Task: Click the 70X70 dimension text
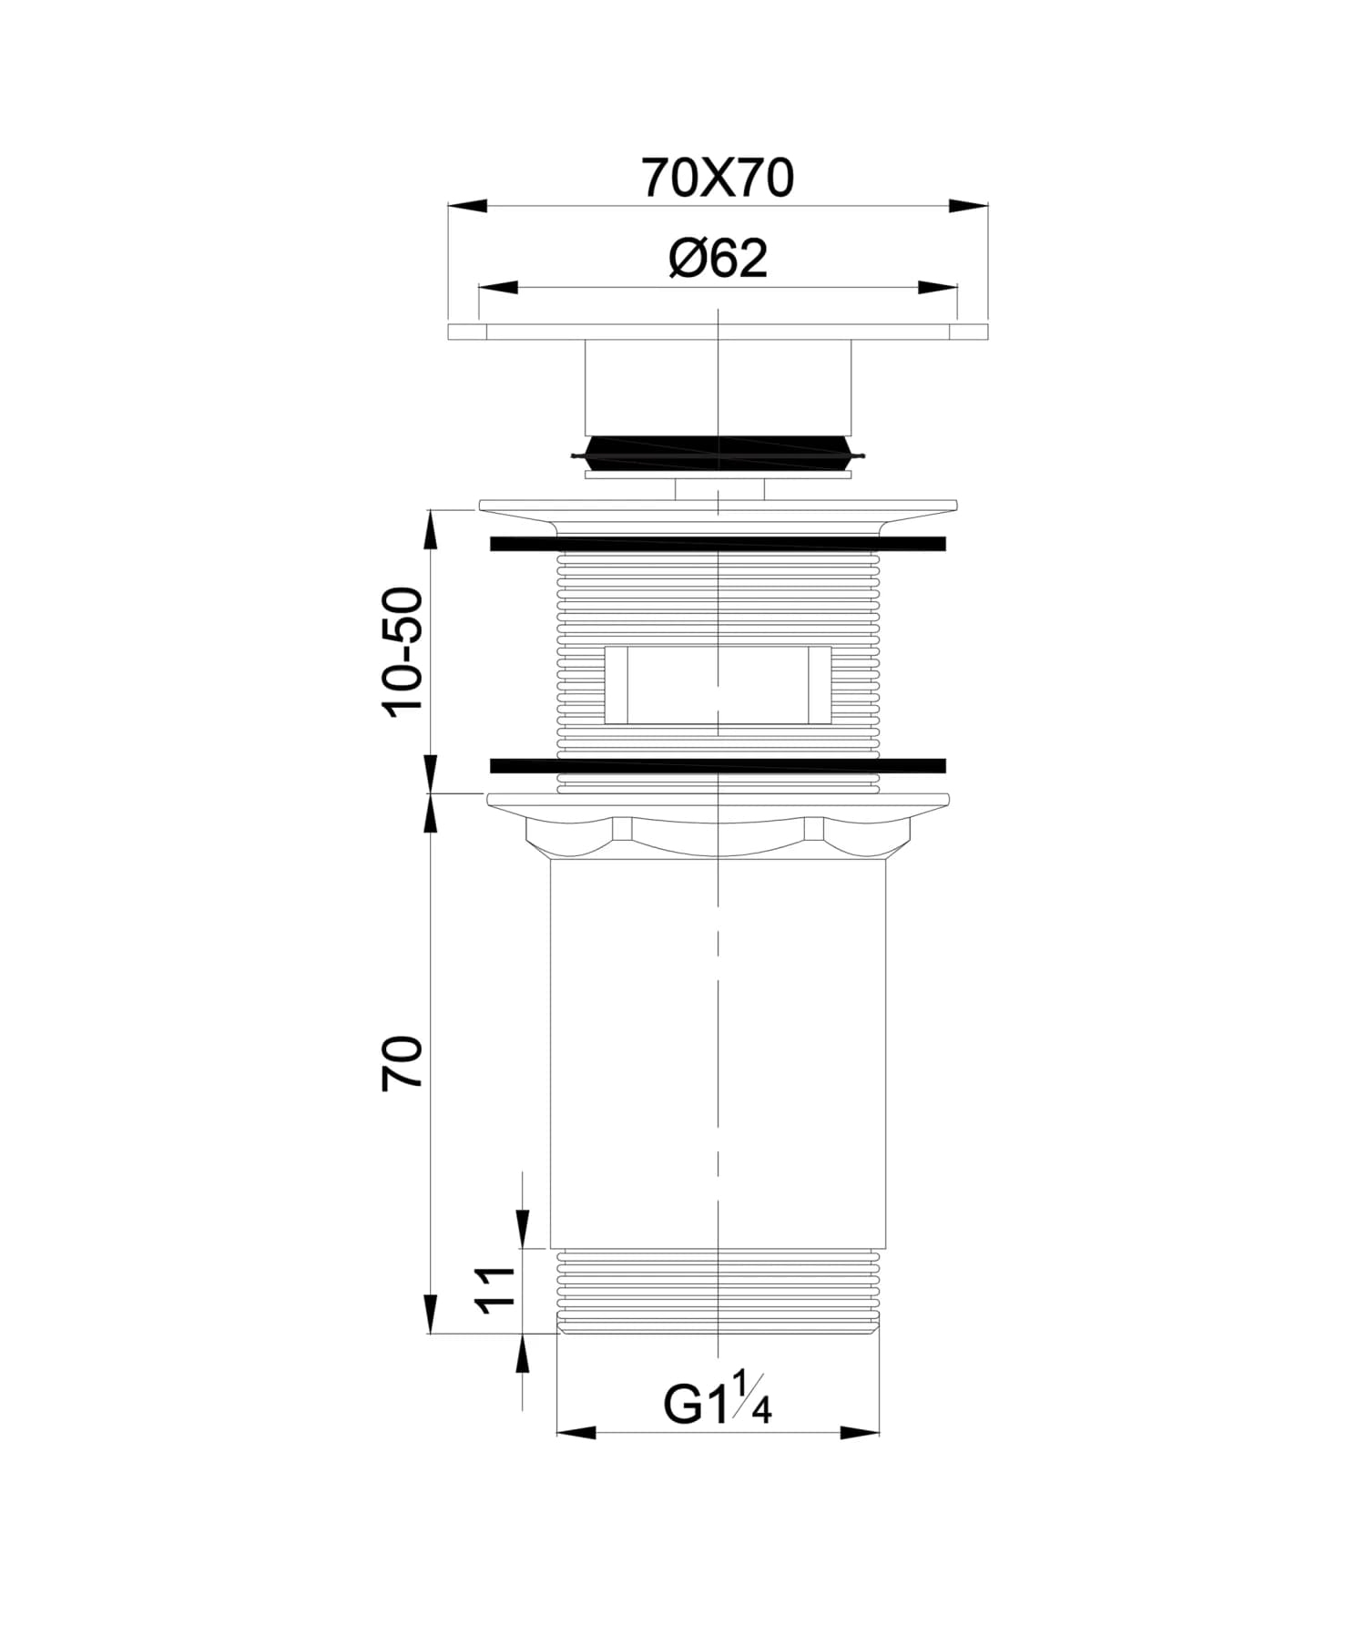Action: click(x=718, y=178)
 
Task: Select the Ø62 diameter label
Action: click(x=718, y=259)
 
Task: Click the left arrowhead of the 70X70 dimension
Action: click(x=468, y=207)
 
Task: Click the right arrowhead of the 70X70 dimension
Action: click(x=968, y=207)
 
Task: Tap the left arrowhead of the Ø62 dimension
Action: click(x=498, y=288)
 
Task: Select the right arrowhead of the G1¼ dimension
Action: click(x=860, y=1433)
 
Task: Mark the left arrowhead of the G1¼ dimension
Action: click(x=576, y=1433)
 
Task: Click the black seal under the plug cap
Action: click(x=718, y=452)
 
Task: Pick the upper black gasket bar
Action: click(x=718, y=544)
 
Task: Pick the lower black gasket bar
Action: click(x=718, y=765)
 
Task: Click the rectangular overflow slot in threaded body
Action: click(x=718, y=685)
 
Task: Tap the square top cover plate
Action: click(x=718, y=332)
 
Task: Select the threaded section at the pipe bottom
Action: click(x=718, y=1291)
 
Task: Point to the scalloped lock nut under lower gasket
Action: click(x=718, y=835)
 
